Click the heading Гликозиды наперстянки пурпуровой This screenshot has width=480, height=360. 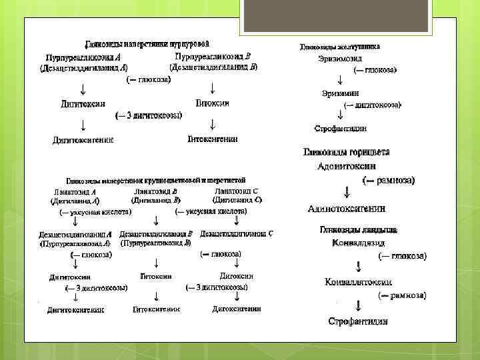[x=148, y=43]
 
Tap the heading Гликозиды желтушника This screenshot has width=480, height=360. [x=340, y=47]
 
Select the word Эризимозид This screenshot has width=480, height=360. [x=342, y=59]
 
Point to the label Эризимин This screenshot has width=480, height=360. [x=340, y=93]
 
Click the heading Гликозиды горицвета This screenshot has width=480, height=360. [x=347, y=152]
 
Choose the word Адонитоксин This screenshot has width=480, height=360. [x=347, y=166]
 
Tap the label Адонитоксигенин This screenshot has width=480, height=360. [x=347, y=209]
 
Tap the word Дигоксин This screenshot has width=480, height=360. [x=235, y=275]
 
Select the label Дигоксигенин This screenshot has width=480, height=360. [x=237, y=309]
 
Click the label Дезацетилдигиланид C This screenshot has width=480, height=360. [x=236, y=235]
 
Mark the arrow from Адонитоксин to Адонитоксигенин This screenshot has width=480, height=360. [x=346, y=192]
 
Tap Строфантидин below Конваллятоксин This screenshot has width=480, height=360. [x=359, y=322]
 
